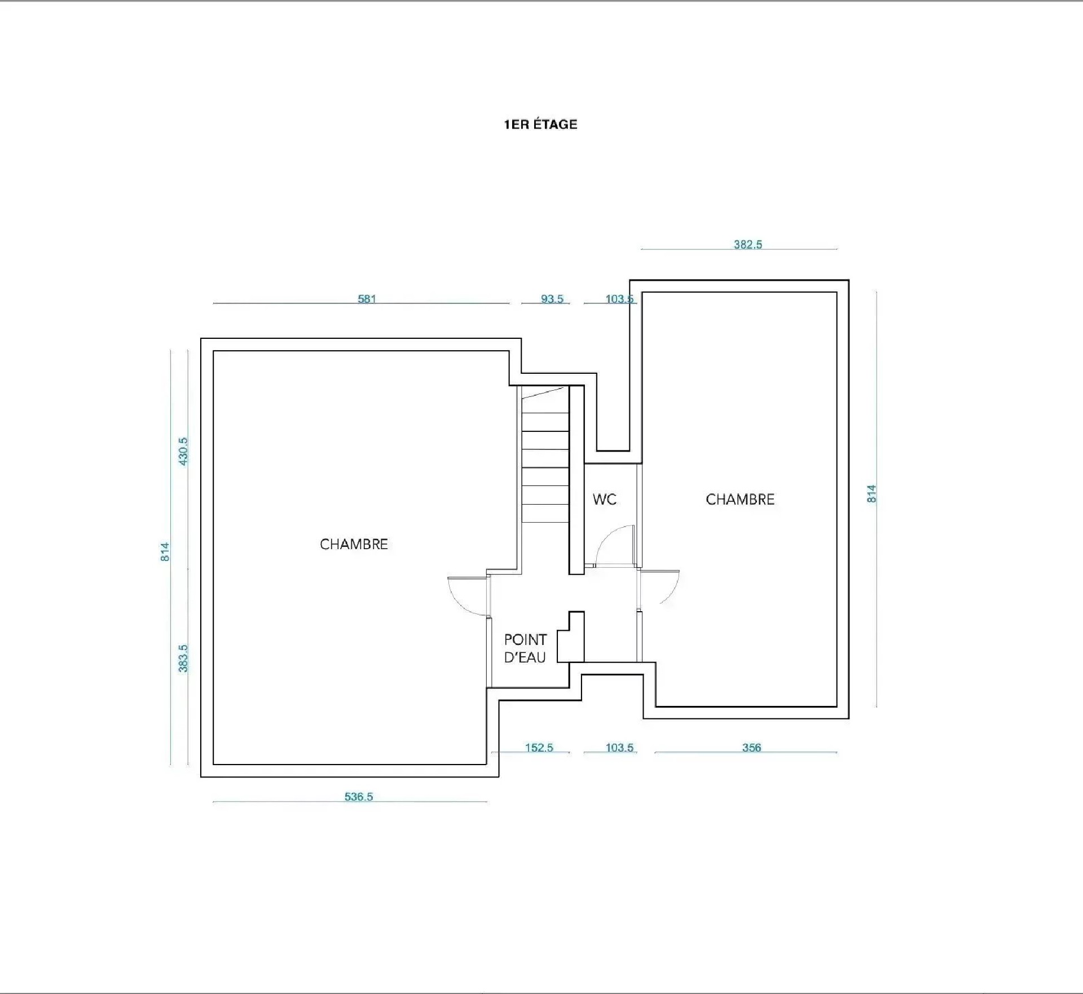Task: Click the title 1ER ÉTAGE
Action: pos(540,124)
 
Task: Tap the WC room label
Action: pos(604,499)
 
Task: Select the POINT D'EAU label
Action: pos(525,648)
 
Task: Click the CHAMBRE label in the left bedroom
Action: pos(354,544)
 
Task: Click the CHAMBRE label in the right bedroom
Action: pos(740,499)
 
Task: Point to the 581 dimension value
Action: pos(367,299)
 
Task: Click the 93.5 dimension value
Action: pos(552,299)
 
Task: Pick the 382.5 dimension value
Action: pos(748,244)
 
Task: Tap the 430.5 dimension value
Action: pos(183,451)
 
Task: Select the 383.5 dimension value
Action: pos(183,659)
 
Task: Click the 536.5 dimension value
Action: pos(359,797)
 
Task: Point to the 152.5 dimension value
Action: pos(539,748)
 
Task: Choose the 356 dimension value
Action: pos(751,748)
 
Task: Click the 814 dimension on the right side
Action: pos(871,494)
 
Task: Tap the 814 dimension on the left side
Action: pos(165,551)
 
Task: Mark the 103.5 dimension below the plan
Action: pos(619,748)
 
